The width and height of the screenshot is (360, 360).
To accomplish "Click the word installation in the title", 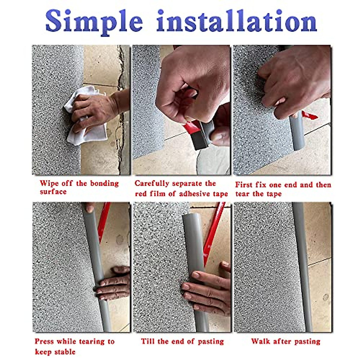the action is [x=237, y=21].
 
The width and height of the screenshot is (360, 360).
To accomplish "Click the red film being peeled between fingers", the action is [x=192, y=127].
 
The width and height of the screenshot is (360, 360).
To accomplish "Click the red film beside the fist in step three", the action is [x=309, y=115].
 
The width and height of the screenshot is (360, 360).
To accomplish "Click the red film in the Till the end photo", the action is [x=214, y=233].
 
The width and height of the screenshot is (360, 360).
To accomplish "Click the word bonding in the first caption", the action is [x=104, y=184].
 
